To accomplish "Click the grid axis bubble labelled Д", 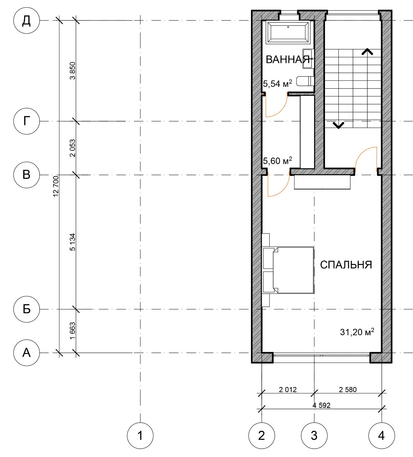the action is click(x=27, y=20).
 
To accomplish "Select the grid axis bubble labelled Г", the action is click(x=27, y=121).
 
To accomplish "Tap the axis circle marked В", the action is click(x=27, y=175).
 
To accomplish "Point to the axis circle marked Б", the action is click(x=27, y=309).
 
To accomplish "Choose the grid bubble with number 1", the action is click(x=140, y=436).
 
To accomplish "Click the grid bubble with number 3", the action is click(x=314, y=436).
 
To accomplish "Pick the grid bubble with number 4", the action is click(x=382, y=436).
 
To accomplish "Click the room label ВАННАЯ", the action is click(x=288, y=59).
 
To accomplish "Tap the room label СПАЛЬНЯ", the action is click(x=346, y=265).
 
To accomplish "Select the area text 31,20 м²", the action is click(x=357, y=332).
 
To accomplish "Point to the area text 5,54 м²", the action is click(x=278, y=84).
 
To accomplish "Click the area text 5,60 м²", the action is click(x=278, y=161).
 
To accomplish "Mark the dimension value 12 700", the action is click(x=56, y=186).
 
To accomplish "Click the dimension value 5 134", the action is click(x=72, y=242).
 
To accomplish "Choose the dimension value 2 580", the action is click(x=348, y=390).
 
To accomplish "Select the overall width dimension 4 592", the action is click(x=322, y=405).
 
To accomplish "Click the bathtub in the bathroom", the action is click(x=288, y=32).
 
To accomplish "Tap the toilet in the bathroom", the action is click(x=305, y=81).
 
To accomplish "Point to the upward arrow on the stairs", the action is click(x=367, y=52).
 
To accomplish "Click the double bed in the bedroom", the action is click(x=288, y=270).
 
